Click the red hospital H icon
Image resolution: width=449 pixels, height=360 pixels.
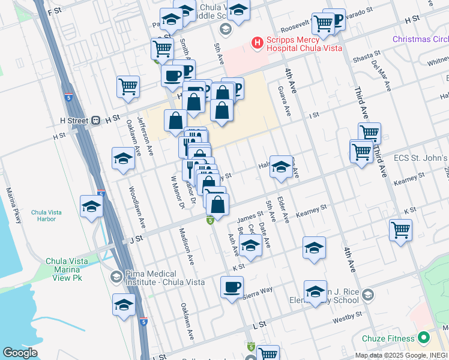[x=257, y=43]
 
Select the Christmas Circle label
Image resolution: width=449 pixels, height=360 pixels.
[x=420, y=39]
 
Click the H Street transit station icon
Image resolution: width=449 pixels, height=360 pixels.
[x=95, y=120]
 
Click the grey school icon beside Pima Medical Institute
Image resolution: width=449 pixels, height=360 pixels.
[x=115, y=277]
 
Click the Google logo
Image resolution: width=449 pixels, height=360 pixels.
[x=20, y=353]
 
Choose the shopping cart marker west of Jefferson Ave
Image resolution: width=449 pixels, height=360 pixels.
[x=128, y=87]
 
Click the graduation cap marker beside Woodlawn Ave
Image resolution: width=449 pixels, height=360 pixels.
[x=123, y=158]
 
